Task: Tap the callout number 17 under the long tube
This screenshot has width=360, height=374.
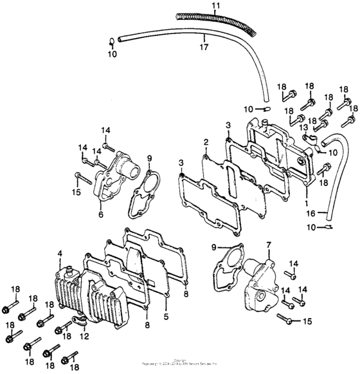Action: coord(204,46)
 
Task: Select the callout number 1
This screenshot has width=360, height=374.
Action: coord(306,201)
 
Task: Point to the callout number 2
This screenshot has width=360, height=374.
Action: coord(206,142)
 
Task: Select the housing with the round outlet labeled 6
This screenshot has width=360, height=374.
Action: coord(116,174)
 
